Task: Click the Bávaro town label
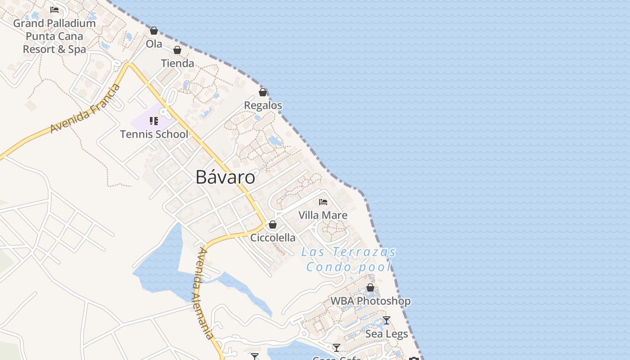pyautogui.click(x=225, y=177)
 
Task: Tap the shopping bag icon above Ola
pyautogui.click(x=154, y=31)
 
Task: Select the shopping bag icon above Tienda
pyautogui.click(x=177, y=49)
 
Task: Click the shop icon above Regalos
pyautogui.click(x=263, y=92)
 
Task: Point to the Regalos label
pyautogui.click(x=263, y=105)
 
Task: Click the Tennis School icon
pyautogui.click(x=154, y=121)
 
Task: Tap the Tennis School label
pyautogui.click(x=154, y=134)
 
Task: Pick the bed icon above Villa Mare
pyautogui.click(x=323, y=202)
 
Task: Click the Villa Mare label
pyautogui.click(x=323, y=215)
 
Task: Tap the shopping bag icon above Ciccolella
pyautogui.click(x=273, y=225)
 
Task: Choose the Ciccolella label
pyautogui.click(x=273, y=238)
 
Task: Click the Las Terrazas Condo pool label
pyautogui.click(x=349, y=259)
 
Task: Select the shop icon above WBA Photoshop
pyautogui.click(x=370, y=288)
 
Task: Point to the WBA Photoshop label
pyautogui.click(x=370, y=301)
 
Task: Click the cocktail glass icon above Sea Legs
pyautogui.click(x=386, y=320)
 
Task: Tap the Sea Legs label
pyautogui.click(x=386, y=334)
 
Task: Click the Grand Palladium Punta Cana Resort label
pyautogui.click(x=54, y=36)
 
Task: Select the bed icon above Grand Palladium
pyautogui.click(x=54, y=9)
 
